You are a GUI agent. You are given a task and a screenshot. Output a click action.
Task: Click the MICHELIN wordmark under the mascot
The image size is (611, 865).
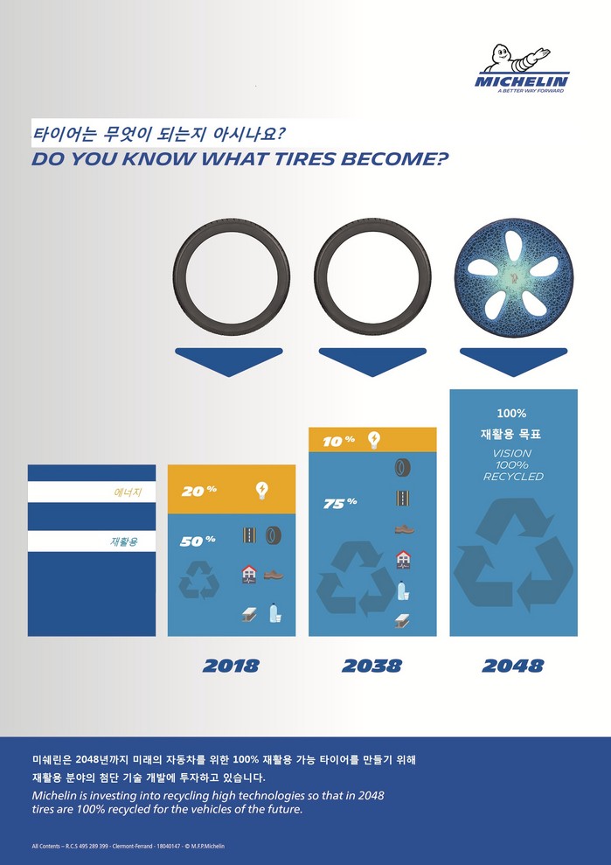tap(522, 81)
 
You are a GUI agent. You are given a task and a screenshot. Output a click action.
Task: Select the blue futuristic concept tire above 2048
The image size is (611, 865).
tap(514, 277)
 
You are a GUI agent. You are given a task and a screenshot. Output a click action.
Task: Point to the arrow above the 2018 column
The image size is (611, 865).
tap(229, 362)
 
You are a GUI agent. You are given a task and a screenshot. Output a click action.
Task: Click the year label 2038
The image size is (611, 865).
tap(371, 666)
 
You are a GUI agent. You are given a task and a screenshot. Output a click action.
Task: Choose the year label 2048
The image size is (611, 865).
tap(513, 666)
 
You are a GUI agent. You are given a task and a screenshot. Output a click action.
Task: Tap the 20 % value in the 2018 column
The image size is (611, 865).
tap(198, 491)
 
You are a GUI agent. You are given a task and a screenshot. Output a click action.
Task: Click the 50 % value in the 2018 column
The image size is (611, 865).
tap(198, 541)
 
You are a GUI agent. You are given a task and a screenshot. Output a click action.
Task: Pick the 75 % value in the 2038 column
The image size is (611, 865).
tap(340, 503)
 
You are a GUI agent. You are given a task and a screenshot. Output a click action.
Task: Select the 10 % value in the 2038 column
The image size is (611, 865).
tap(338, 442)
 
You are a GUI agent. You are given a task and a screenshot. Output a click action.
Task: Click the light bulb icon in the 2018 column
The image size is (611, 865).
tap(262, 491)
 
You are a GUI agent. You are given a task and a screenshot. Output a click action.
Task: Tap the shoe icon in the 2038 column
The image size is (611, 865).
tap(404, 529)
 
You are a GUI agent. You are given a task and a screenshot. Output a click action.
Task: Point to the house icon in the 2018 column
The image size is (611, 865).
tap(249, 575)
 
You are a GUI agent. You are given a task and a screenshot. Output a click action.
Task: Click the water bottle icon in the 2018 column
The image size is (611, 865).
tap(275, 613)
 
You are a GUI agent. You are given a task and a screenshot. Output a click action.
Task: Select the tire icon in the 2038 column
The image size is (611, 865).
tap(403, 468)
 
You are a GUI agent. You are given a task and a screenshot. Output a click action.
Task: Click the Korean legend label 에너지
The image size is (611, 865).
tap(128, 492)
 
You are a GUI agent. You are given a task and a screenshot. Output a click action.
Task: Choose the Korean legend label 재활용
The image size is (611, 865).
tap(125, 541)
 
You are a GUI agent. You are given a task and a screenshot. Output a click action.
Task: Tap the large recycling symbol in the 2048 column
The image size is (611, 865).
tap(513, 555)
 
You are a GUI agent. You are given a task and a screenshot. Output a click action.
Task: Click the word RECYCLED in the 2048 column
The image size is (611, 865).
tap(513, 477)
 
